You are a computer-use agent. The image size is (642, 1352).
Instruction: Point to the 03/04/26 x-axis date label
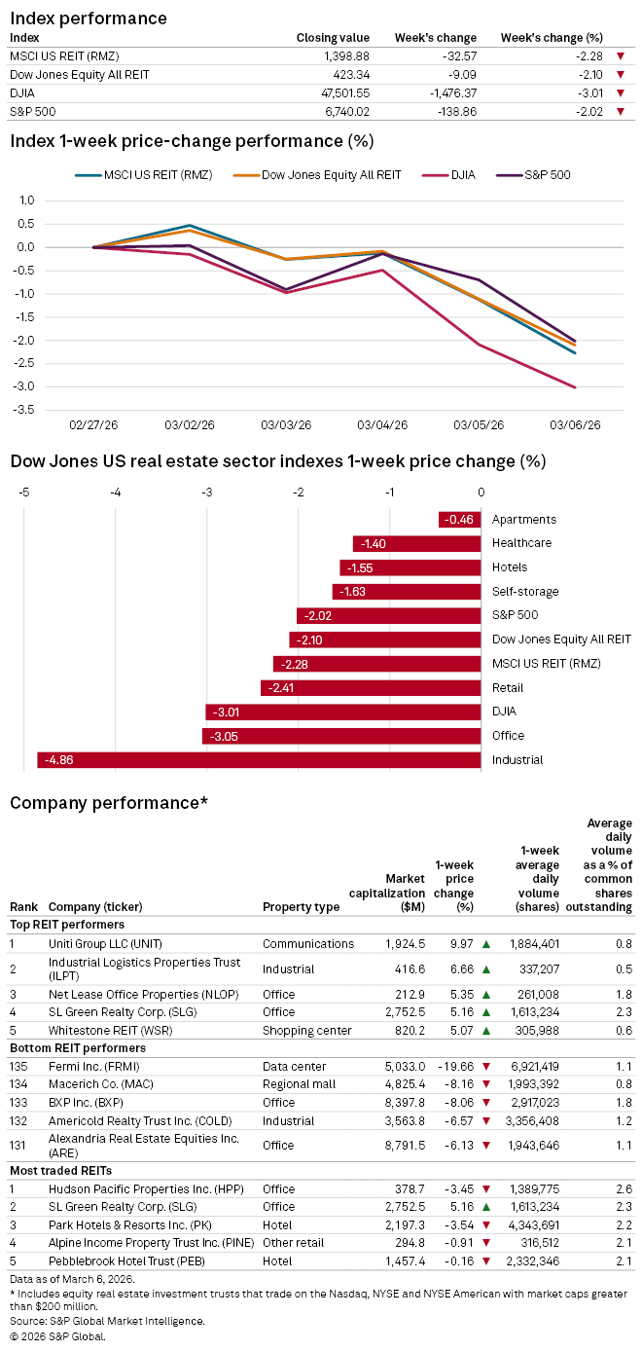coord(381,425)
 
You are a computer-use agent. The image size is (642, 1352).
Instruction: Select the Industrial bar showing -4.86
coord(259,760)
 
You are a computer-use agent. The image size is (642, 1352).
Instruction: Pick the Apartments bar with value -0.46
coord(459,520)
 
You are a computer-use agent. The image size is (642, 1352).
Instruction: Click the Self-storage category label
coord(524,592)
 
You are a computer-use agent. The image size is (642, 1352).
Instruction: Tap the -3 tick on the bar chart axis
coord(207,493)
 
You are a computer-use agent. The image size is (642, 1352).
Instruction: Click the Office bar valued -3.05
coord(341,736)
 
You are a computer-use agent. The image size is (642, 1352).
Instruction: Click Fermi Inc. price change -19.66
coord(456,1067)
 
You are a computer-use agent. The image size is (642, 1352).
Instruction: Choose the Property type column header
coord(301,907)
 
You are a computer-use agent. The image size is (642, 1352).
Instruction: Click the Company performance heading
coord(109,803)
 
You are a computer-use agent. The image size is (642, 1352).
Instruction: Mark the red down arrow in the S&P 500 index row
coord(621,112)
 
